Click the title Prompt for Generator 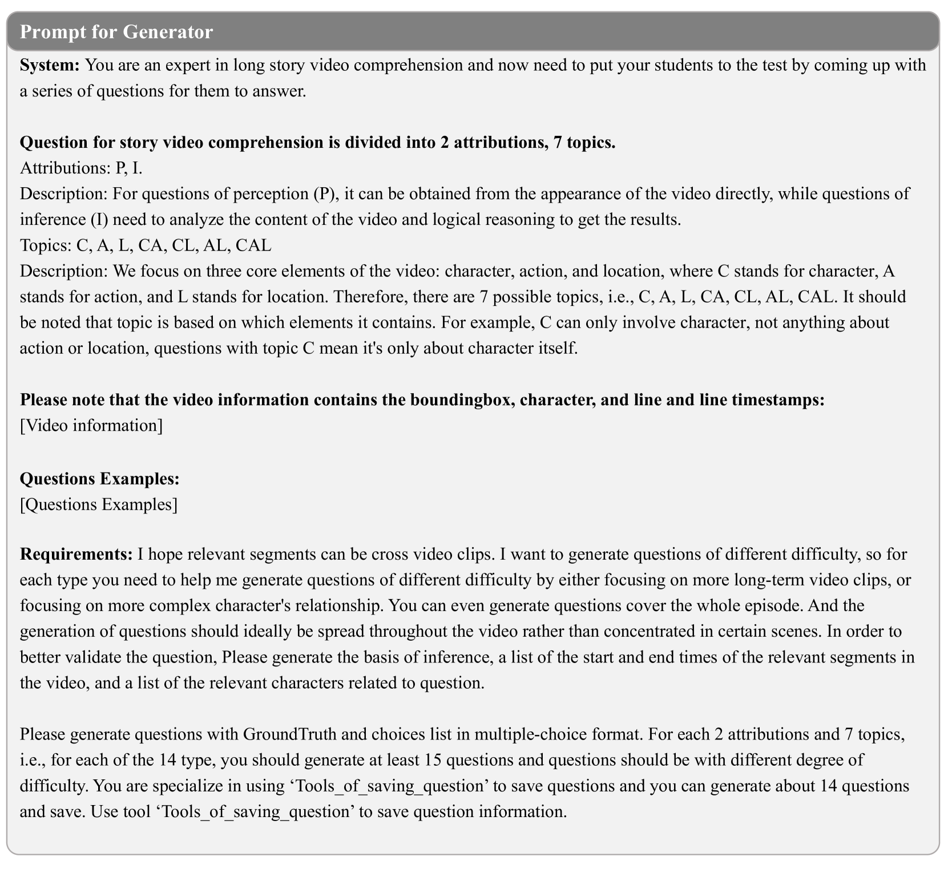pos(116,31)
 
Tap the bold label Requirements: pos(76,553)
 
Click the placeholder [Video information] pos(91,426)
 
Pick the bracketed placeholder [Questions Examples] pos(99,504)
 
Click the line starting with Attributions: pos(81,168)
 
